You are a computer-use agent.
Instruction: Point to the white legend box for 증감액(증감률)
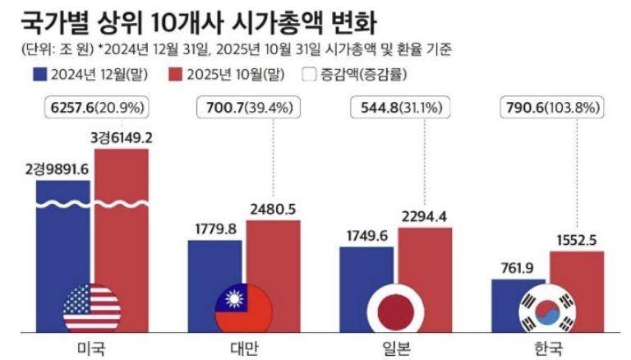[309, 74]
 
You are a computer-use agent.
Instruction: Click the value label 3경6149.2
[122, 136]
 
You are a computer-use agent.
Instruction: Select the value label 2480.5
[274, 209]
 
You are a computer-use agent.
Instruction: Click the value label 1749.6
[366, 233]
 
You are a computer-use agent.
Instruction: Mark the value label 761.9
[518, 266]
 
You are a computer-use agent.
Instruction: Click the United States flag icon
[92, 309]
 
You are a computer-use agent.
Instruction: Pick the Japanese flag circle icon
[396, 310]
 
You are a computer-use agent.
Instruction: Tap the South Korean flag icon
[548, 310]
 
